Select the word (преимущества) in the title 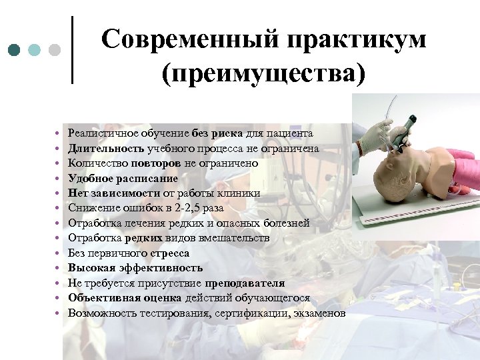tap(263, 72)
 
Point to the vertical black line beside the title tap(72, 50)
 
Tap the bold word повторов tap(153, 163)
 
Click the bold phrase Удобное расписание tap(123, 179)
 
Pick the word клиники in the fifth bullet tap(242, 193)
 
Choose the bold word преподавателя tap(245, 283)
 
